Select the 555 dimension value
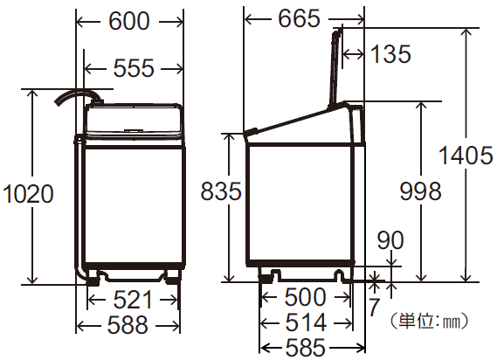(x=133, y=66)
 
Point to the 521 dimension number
(x=133, y=300)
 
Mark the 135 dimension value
(x=390, y=54)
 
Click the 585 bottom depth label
(x=305, y=349)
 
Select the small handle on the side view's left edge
(x=251, y=132)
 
